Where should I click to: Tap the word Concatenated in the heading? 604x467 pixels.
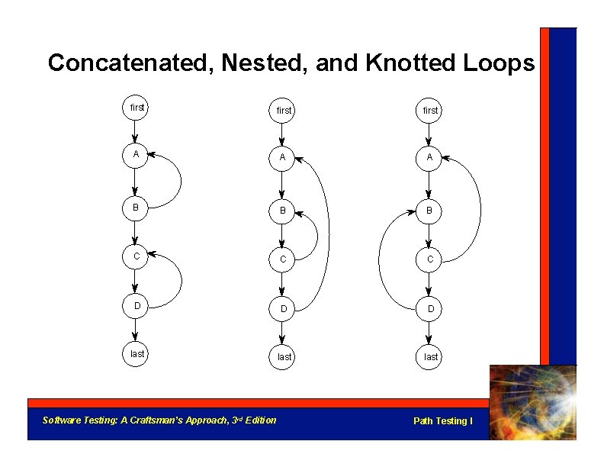tap(129, 63)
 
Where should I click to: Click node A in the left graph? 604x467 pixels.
tap(136, 154)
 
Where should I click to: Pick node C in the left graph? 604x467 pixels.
tap(136, 256)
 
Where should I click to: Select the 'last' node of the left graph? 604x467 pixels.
tap(137, 354)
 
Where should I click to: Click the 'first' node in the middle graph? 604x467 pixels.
tap(284, 111)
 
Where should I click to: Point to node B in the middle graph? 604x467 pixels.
tap(283, 210)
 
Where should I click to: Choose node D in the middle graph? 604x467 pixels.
tap(283, 308)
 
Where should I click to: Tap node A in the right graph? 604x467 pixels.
tap(430, 157)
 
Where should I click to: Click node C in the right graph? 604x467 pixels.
tap(430, 259)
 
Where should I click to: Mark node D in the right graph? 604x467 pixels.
tap(430, 308)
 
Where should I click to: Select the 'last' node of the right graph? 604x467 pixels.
tap(431, 357)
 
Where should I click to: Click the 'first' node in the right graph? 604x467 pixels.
tap(431, 111)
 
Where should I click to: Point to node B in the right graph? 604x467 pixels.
tap(430, 210)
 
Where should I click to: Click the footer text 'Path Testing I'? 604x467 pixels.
tap(442, 421)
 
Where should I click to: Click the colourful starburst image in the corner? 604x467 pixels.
tap(532, 402)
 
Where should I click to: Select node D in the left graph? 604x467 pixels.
tap(137, 305)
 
